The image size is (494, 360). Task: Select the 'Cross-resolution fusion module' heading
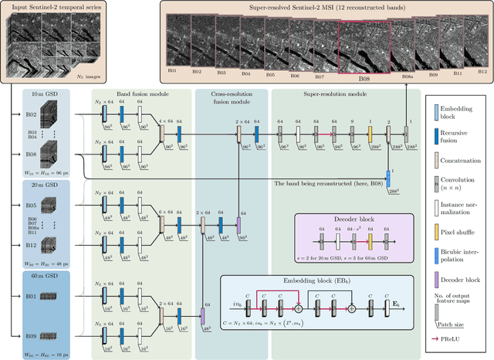pyautogui.click(x=231, y=97)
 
